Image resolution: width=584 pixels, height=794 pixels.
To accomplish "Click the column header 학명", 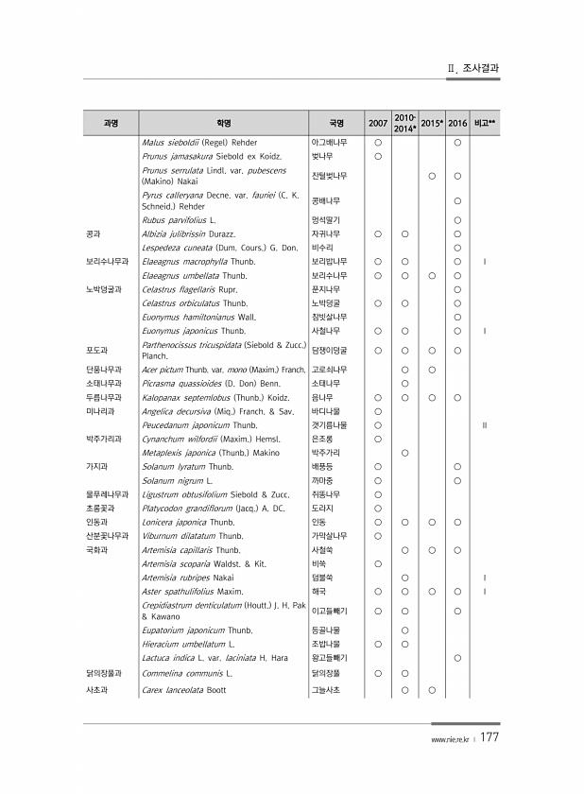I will point(223,124).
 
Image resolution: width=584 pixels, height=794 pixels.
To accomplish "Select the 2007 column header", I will point(377,124).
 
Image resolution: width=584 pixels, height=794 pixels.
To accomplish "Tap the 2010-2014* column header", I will point(404,124).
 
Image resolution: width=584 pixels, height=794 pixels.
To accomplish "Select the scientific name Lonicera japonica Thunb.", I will point(187,521).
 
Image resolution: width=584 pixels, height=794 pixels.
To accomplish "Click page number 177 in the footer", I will point(490,738).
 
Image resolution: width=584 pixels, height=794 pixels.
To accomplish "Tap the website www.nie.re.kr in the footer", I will point(449,740).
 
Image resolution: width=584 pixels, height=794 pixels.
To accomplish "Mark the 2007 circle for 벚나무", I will point(377,155).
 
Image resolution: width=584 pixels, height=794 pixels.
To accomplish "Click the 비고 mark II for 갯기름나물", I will point(484,425).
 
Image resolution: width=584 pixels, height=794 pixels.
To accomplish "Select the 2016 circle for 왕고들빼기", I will point(457,658).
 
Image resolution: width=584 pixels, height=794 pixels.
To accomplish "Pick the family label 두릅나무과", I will point(102,398).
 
